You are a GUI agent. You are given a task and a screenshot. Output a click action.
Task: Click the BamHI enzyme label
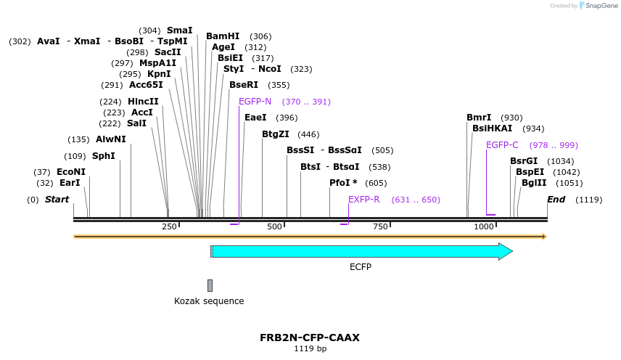tap(223, 36)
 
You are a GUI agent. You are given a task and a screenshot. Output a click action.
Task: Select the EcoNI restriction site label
tap(71, 172)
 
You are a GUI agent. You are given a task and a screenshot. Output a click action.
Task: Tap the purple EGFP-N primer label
tap(255, 102)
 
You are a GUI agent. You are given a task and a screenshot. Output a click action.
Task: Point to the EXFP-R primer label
tap(363, 200)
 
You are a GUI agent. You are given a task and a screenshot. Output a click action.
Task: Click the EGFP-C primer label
tap(502, 145)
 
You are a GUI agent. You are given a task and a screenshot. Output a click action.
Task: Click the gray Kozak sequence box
tap(210, 285)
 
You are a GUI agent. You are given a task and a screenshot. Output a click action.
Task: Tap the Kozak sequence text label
tap(209, 301)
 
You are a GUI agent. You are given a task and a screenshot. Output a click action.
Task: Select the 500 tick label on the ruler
tap(274, 227)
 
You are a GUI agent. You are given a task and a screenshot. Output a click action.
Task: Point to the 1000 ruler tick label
tap(483, 227)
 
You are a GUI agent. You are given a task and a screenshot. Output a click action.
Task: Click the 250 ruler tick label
tap(169, 227)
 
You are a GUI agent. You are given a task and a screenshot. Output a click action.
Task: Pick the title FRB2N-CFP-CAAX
tap(310, 337)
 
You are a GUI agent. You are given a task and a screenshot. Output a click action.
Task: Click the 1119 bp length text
tap(310, 349)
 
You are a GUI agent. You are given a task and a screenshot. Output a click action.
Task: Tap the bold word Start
tap(57, 200)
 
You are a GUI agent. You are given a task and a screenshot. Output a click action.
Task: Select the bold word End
tap(556, 200)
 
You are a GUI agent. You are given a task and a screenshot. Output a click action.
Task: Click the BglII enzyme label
tap(533, 183)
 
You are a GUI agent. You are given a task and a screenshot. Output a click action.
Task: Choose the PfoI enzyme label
tap(343, 183)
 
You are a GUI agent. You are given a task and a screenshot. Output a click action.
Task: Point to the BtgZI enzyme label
tap(276, 134)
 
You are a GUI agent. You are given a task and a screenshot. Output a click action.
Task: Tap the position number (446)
tap(308, 134)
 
